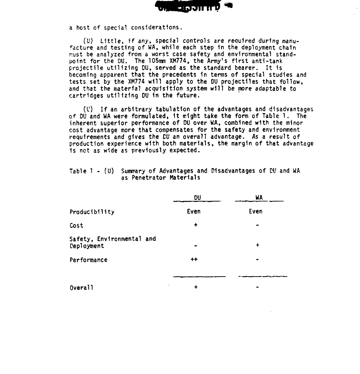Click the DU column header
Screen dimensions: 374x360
tap(197, 198)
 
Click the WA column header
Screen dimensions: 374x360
tap(259, 198)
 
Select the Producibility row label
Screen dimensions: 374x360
tap(92, 212)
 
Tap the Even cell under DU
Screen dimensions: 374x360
tap(194, 211)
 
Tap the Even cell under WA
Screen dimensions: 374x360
tap(256, 211)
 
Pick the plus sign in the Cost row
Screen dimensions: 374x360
tap(196, 225)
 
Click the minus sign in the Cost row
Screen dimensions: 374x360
tap(258, 226)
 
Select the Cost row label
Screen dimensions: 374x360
tap(76, 226)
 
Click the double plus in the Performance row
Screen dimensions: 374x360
tap(194, 260)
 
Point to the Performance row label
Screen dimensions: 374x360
tap(88, 260)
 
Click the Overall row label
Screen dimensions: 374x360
tap(81, 288)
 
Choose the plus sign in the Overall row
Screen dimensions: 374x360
tap(196, 287)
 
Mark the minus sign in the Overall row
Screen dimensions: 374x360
tap(258, 288)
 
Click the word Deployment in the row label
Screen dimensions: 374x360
tap(87, 246)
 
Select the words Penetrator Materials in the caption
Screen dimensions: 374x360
tap(165, 178)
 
